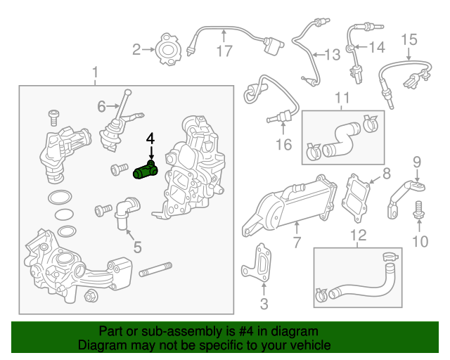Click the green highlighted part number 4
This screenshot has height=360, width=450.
(146, 171)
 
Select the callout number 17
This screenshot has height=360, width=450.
(224, 51)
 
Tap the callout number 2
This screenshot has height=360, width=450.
(136, 49)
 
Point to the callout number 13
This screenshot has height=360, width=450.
(331, 53)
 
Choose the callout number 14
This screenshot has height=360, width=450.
(378, 48)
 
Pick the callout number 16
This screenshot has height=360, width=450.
(283, 145)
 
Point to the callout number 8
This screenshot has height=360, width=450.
(386, 173)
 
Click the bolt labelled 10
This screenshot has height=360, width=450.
(418, 208)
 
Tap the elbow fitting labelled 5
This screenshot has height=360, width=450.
(127, 210)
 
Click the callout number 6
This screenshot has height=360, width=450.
(101, 106)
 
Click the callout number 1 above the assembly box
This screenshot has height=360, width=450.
(96, 72)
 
